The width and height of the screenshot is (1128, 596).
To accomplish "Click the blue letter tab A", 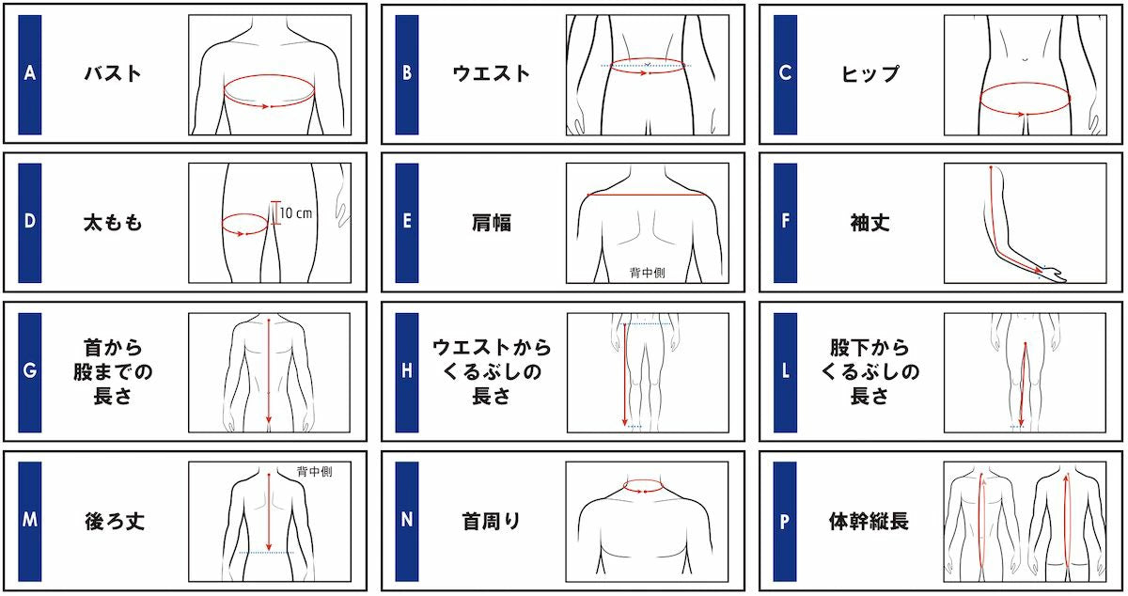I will click(30, 73).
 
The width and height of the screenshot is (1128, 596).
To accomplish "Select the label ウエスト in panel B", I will click(492, 73).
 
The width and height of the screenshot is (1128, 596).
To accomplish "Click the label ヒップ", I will click(869, 73).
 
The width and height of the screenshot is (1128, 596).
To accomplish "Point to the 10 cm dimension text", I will click(297, 213).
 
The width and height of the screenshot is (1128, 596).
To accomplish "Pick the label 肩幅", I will click(492, 224).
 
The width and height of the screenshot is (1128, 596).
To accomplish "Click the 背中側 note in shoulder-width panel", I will click(646, 274).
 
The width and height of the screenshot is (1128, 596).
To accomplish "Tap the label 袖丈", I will click(869, 224).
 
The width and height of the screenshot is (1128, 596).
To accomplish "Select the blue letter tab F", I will click(786, 224).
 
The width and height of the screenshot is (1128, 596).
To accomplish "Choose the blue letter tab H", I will click(407, 371).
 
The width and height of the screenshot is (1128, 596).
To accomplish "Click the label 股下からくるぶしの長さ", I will click(869, 371).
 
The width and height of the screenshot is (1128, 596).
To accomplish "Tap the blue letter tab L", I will click(786, 371).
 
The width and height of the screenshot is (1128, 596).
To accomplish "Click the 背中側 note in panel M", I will click(313, 472).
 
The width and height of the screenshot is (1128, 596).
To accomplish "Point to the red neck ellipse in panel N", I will click(646, 486).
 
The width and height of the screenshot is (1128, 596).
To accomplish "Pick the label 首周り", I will click(492, 520).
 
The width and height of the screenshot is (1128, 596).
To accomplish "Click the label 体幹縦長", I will click(869, 520).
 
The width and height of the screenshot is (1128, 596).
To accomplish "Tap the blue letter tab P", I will click(786, 520).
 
